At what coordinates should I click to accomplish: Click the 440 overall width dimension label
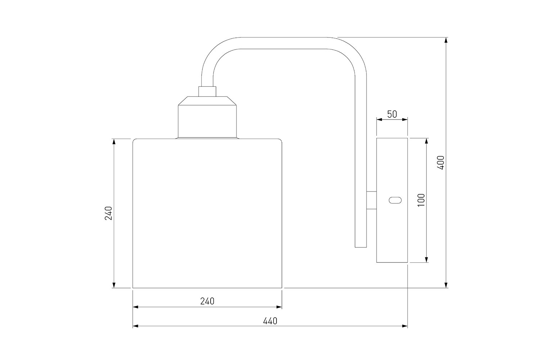(270, 321)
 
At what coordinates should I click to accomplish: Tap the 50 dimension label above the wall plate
(392, 114)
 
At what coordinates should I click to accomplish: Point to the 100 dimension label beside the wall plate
(421, 200)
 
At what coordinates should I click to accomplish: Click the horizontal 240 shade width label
(207, 301)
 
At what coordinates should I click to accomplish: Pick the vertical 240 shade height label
(108, 213)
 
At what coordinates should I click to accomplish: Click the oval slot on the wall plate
(395, 200)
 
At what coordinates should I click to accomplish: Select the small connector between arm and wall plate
(372, 200)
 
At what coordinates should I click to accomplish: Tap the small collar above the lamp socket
(207, 91)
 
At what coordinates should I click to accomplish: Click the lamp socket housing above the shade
(207, 117)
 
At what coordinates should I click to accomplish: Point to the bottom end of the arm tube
(361, 247)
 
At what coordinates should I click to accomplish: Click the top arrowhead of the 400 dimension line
(446, 40)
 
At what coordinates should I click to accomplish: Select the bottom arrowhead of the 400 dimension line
(446, 285)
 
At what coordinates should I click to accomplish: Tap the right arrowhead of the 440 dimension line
(405, 326)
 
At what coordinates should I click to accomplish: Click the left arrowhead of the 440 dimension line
(136, 326)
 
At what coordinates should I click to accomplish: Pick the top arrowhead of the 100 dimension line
(427, 141)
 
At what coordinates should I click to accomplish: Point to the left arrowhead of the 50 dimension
(379, 120)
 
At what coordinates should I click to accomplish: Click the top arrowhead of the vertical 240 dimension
(114, 142)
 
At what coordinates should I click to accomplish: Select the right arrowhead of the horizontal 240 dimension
(279, 307)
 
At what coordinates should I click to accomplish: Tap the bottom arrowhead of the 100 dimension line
(427, 260)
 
